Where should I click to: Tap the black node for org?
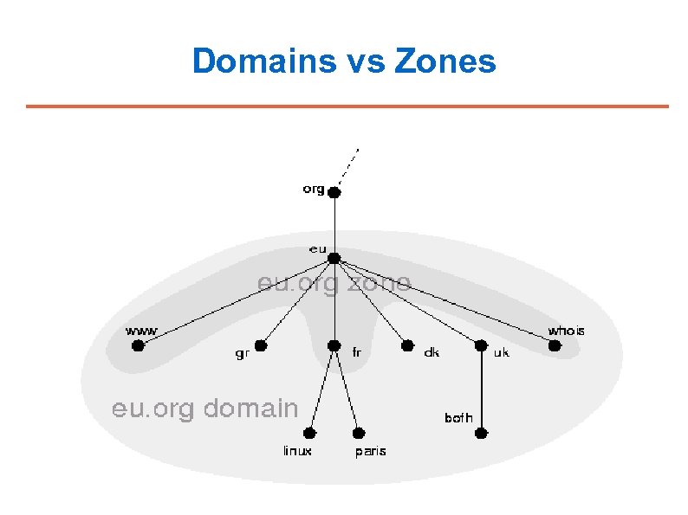pos(334,193)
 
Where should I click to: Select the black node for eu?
pos(334,258)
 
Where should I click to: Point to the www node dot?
pos(137,345)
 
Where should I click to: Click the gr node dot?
pos(261,345)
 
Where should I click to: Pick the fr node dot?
pos(334,346)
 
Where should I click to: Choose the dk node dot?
pos(407,345)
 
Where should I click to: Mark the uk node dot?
pos(482,346)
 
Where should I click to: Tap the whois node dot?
pos(555,345)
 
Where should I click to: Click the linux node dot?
pos(311,433)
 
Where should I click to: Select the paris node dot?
pos(358,433)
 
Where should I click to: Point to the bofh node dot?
pos(483,433)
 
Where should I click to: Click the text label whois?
pos(566,331)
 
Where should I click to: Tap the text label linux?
pos(297,451)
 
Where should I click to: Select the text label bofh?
pos(458,418)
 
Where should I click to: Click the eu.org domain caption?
pos(204,409)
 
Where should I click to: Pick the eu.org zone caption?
pos(334,283)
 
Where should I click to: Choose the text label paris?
pos(371,451)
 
